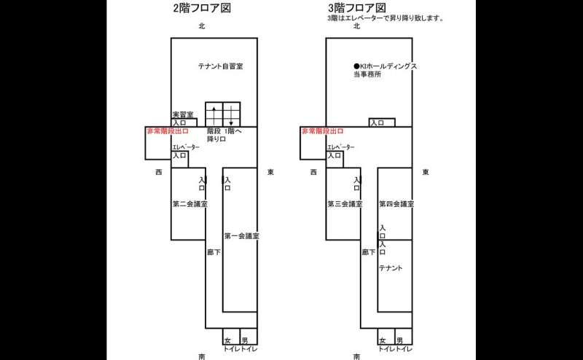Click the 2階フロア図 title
(203, 8)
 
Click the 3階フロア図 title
(357, 8)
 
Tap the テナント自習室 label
(221, 66)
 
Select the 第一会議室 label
(242, 236)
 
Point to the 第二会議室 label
(190, 204)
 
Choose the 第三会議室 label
(345, 204)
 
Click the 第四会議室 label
(396, 204)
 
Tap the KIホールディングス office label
(386, 70)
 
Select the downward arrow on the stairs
(231, 116)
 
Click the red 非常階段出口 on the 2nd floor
(168, 131)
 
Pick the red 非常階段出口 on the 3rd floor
(323, 131)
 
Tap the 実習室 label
(183, 114)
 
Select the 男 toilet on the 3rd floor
(404, 337)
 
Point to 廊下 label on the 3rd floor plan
(369, 252)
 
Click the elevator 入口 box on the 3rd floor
(334, 159)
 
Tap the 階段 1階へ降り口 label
(224, 135)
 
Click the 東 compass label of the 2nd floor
(270, 172)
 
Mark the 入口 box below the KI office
(382, 122)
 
